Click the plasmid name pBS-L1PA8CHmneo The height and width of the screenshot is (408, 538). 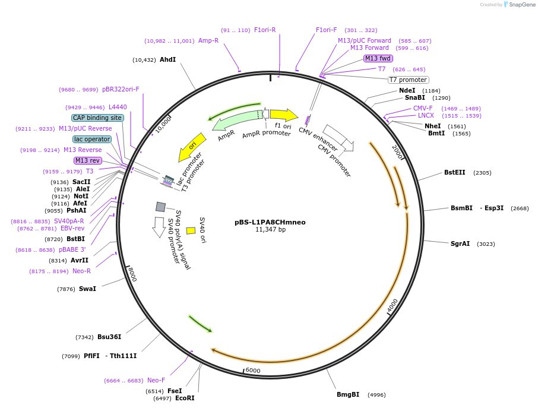270,222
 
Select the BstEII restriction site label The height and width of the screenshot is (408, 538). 455,173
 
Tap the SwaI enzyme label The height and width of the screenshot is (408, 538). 87,289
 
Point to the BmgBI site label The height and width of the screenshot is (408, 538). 348,394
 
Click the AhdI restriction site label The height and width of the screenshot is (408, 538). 167,59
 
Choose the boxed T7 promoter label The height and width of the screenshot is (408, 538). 408,80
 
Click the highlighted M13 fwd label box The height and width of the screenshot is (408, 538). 378,58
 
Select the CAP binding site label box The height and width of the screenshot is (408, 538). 97,118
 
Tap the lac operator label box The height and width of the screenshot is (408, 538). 92,139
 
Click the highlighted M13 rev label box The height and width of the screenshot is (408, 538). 87,160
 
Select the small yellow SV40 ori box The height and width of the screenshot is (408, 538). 191,230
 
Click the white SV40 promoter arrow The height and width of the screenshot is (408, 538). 159,227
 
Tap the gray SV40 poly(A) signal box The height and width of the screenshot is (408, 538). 160,207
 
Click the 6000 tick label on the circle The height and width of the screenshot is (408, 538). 253,370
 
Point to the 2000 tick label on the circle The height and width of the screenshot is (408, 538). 397,152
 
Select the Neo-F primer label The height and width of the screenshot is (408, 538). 156,380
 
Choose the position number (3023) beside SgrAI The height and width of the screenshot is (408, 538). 485,244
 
